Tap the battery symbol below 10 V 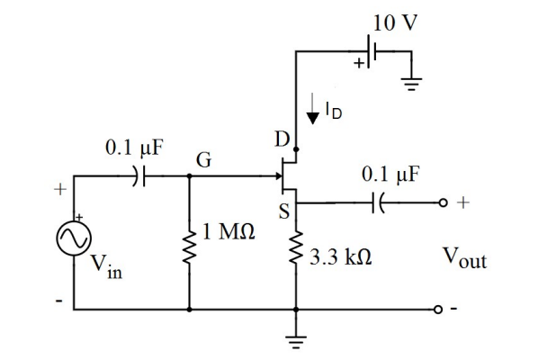tap(372, 53)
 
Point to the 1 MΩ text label tap(226, 233)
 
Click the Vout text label tap(464, 259)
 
